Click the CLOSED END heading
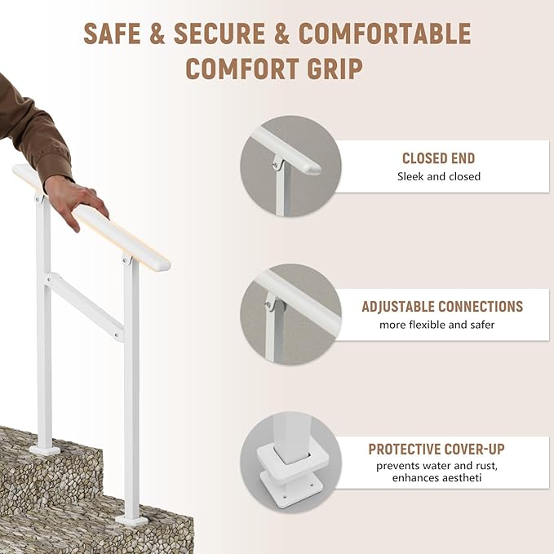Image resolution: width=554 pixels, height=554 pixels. pos(438,158)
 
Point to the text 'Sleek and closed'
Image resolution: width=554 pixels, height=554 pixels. pos(439,176)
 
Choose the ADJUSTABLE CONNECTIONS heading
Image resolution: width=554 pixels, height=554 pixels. pos(442,307)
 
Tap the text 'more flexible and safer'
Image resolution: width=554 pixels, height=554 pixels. pos(437,325)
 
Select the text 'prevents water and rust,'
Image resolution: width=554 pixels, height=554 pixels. pos(437,466)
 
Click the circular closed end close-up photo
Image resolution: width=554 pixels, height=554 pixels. pos(290,166)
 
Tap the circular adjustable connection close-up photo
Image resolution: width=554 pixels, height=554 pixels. pos(290,314)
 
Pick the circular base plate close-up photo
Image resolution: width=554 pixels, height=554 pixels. pos(290,462)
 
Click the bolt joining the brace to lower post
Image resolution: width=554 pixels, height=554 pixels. pos(119,334)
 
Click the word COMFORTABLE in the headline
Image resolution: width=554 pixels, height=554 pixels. pos(385,33)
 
